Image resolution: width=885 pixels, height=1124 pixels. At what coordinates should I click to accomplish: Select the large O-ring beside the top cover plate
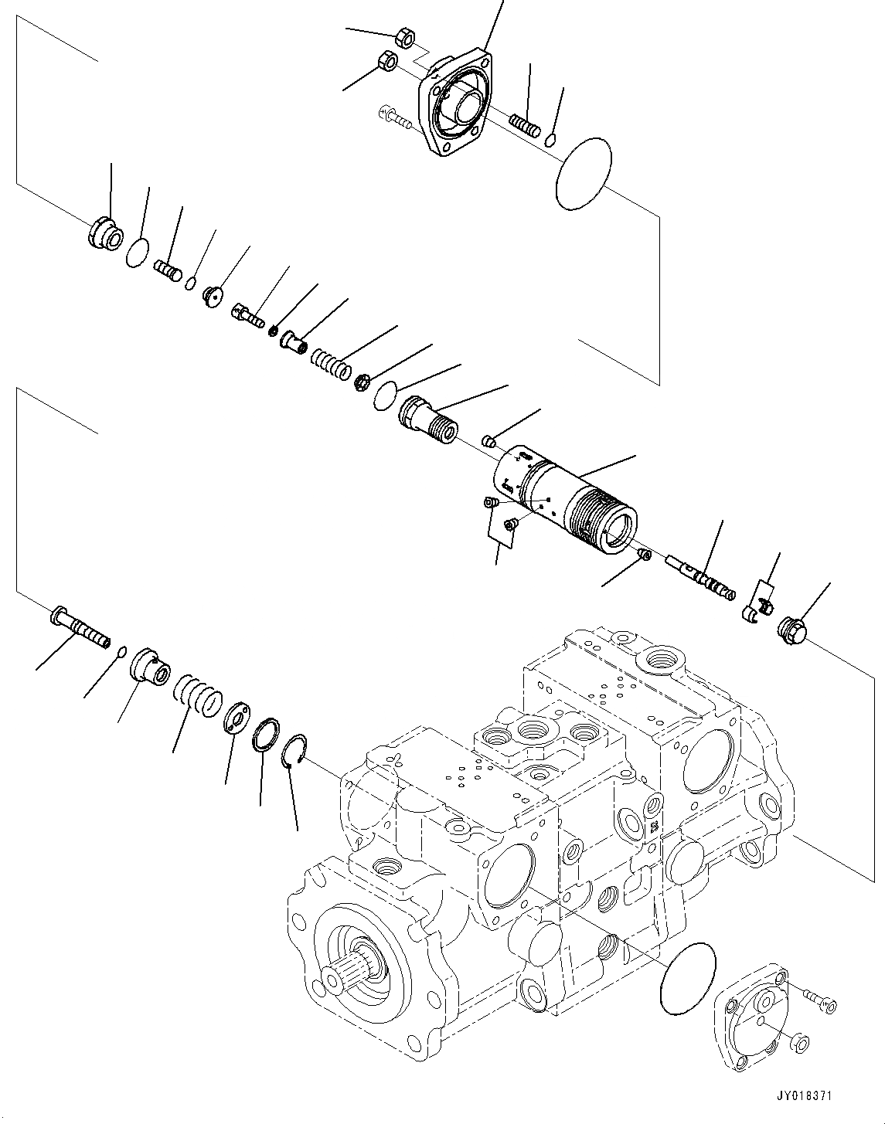coord(584,174)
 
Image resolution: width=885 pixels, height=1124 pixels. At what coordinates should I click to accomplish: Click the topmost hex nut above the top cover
coord(403,36)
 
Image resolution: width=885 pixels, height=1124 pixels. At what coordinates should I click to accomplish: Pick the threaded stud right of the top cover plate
coord(524,123)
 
